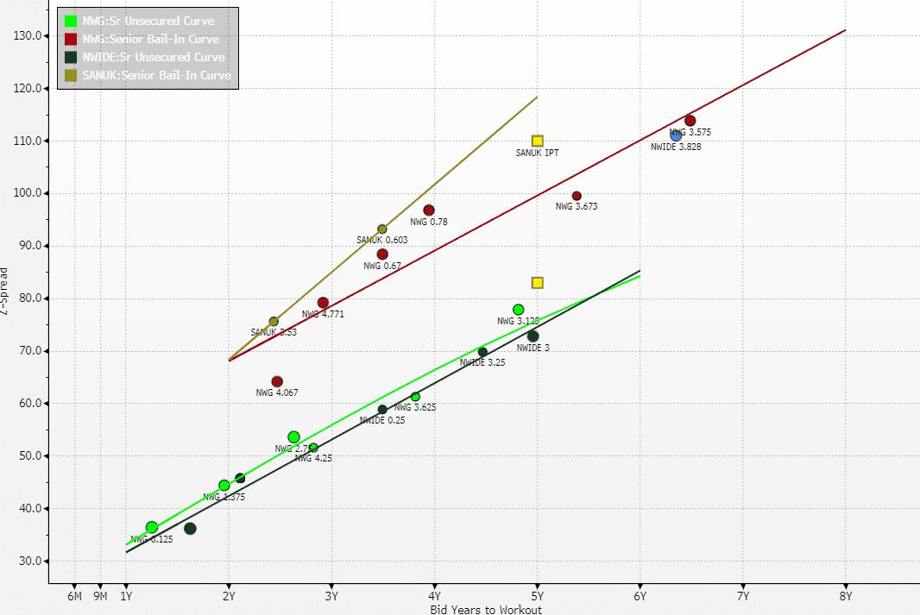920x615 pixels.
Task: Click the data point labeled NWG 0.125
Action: [x=152, y=527]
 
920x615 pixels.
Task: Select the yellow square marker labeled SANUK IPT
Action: [x=537, y=141]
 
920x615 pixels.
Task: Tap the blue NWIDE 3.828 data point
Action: [x=676, y=135]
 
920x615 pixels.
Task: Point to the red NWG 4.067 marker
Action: [x=277, y=381]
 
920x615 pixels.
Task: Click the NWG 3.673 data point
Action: [x=577, y=196]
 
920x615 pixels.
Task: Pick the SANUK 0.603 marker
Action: [x=382, y=229]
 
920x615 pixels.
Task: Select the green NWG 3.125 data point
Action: [x=518, y=310]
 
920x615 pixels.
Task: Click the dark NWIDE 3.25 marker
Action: [x=482, y=352]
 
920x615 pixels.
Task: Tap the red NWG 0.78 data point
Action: [x=429, y=210]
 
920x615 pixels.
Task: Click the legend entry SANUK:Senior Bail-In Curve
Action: [x=156, y=75]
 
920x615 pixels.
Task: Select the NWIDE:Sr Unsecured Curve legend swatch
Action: [x=70, y=57]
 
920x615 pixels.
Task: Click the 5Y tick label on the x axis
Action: [x=537, y=595]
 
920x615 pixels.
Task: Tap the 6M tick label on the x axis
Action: [x=74, y=595]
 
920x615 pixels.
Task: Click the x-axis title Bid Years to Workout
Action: [x=486, y=610]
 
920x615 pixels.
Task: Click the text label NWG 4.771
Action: [x=323, y=314]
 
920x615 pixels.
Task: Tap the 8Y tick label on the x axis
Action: [x=845, y=595]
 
